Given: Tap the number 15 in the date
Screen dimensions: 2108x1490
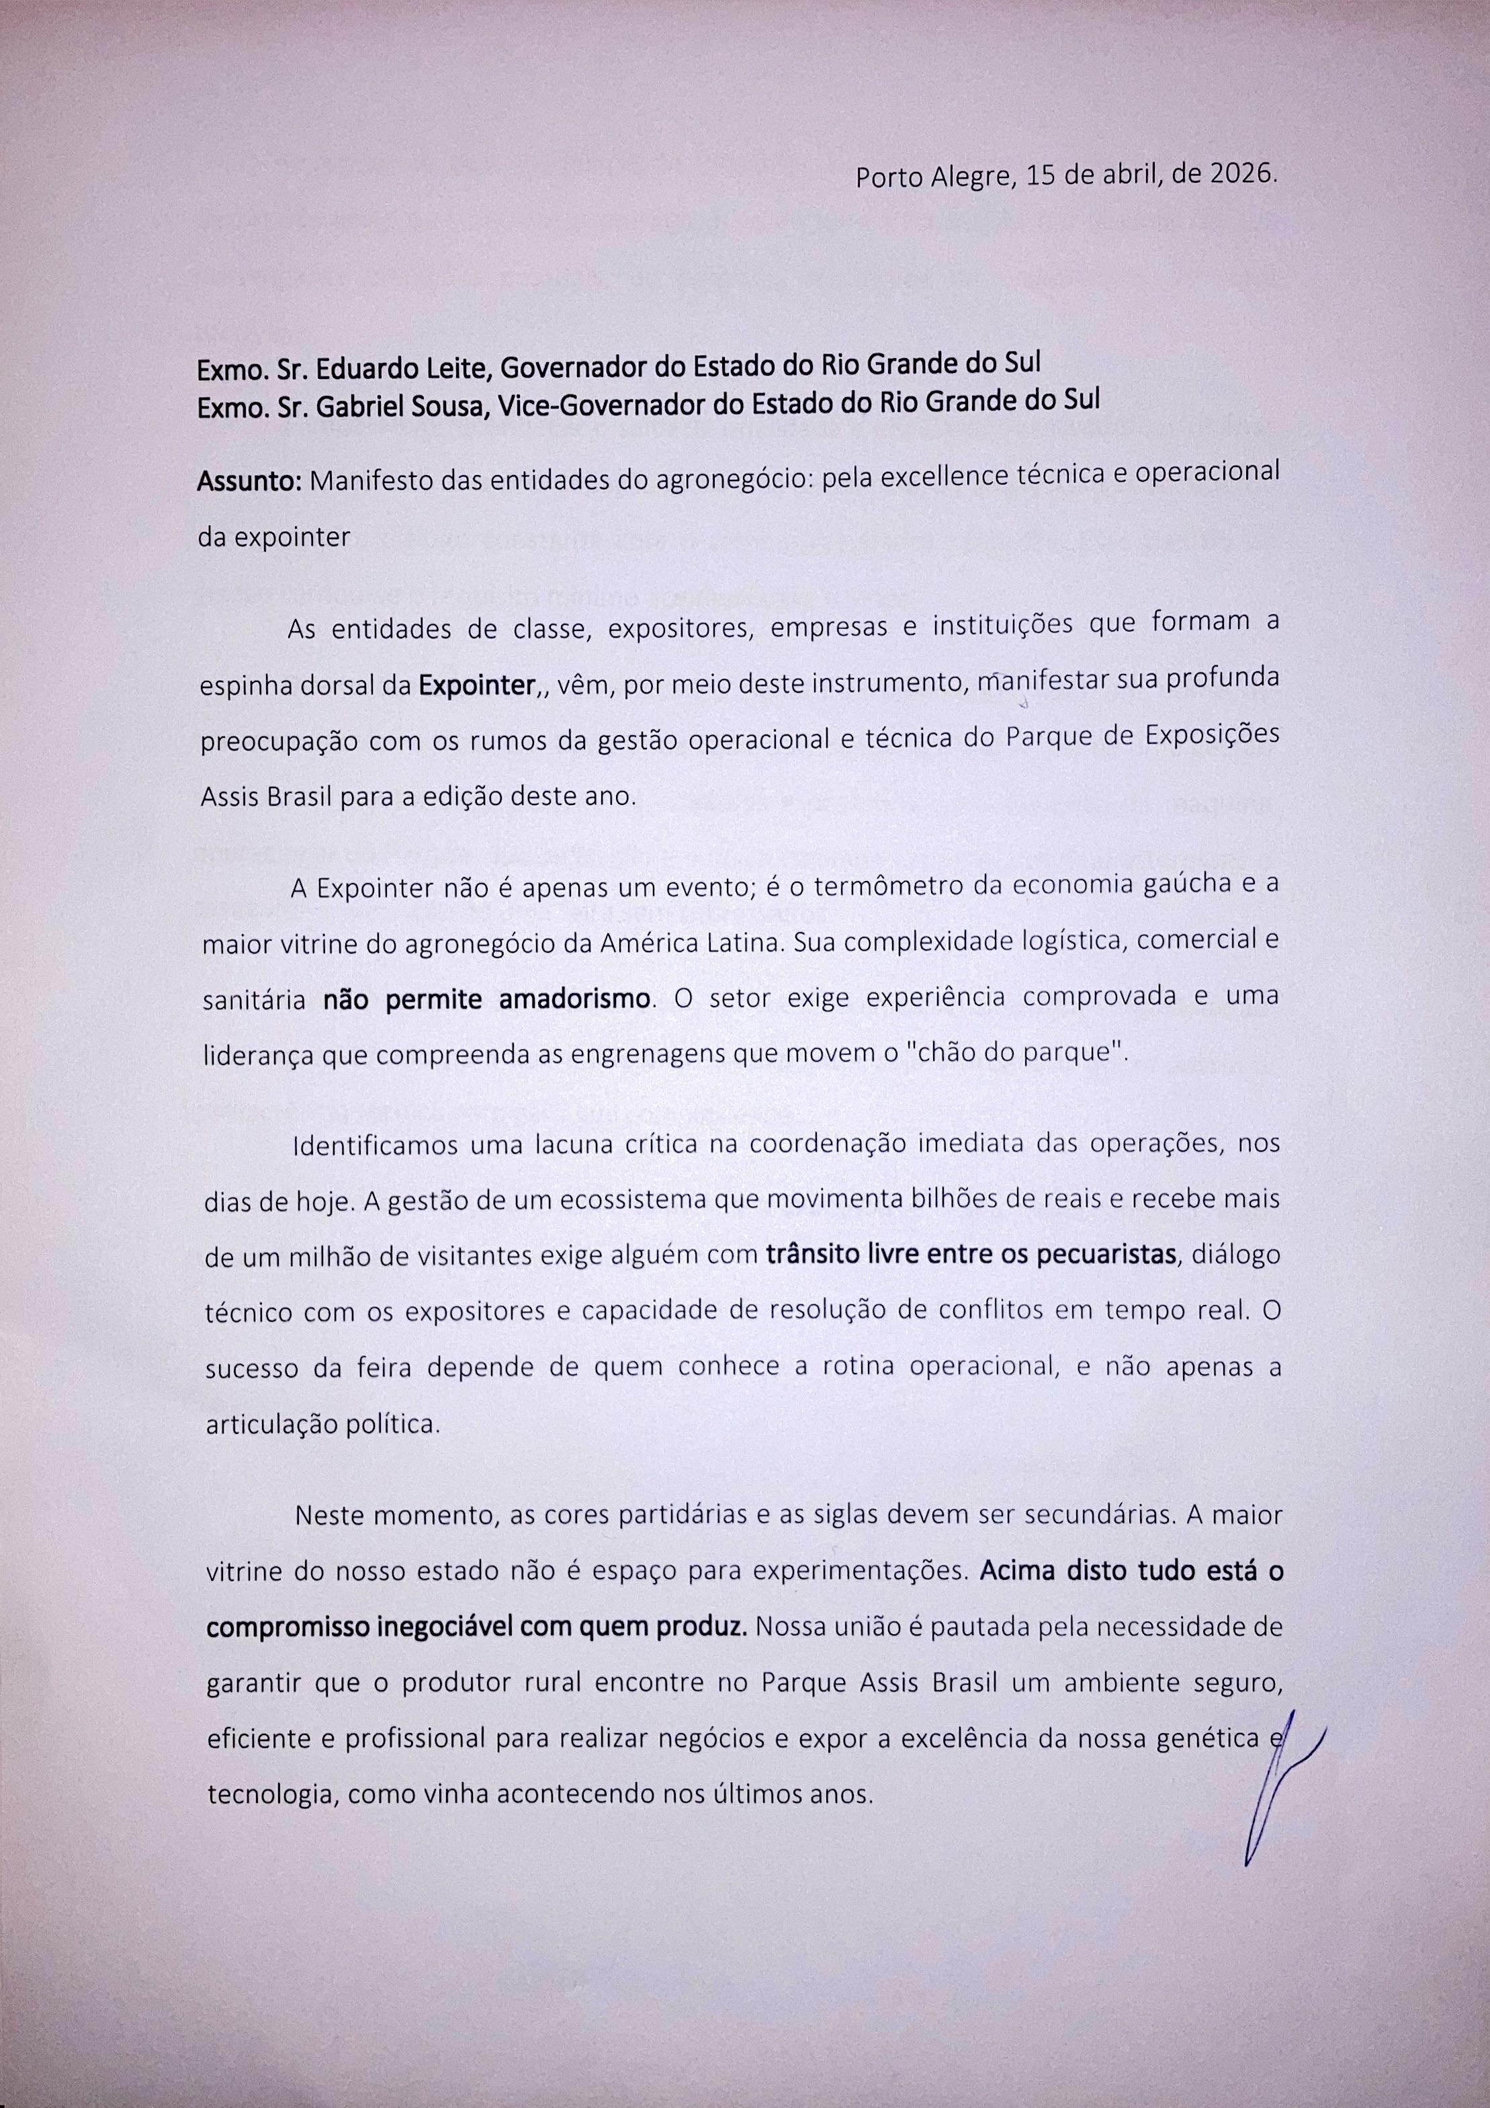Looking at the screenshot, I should click(1042, 175).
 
